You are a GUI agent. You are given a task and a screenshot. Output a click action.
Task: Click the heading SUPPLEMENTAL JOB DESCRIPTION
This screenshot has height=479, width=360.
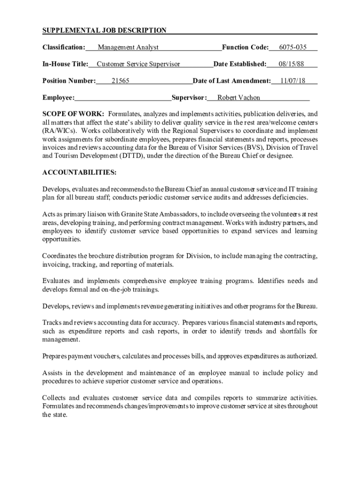[x=104, y=31]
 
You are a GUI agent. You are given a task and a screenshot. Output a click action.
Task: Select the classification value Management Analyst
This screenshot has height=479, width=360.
[x=128, y=47]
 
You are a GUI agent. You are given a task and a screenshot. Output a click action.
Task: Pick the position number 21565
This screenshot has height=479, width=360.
[x=120, y=81]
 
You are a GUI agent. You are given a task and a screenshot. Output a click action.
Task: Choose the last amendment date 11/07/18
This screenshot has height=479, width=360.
[x=293, y=81]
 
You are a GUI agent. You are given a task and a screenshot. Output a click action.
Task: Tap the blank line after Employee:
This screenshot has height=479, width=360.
[x=122, y=98]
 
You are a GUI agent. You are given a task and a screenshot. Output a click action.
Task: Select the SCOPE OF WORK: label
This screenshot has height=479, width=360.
[x=73, y=114]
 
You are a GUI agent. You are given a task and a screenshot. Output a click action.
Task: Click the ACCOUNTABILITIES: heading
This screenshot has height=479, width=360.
[x=79, y=173]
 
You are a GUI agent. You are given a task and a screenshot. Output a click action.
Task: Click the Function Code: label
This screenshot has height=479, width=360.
[x=245, y=47]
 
